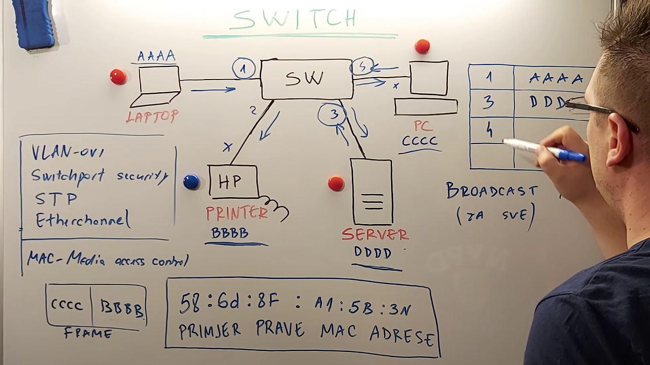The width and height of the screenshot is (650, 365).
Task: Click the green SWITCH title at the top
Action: (x=295, y=19)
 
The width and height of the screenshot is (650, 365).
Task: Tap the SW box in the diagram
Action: (x=306, y=79)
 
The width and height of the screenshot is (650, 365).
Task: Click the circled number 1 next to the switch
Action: (x=244, y=69)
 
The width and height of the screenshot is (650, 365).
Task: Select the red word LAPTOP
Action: (x=152, y=117)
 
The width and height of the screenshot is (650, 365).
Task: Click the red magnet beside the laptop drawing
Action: (x=118, y=77)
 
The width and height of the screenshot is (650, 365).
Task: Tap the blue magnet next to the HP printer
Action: (x=191, y=181)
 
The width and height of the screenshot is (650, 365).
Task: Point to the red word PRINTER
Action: (x=237, y=213)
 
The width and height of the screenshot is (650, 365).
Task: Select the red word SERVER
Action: (x=375, y=234)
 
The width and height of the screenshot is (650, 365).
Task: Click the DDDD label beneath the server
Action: (x=373, y=252)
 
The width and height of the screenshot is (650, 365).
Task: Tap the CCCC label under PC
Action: (x=419, y=140)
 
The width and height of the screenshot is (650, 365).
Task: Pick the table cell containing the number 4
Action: (x=490, y=131)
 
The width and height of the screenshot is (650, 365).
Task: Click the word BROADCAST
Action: (x=492, y=191)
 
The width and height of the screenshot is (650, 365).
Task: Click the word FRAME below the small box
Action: (x=88, y=334)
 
